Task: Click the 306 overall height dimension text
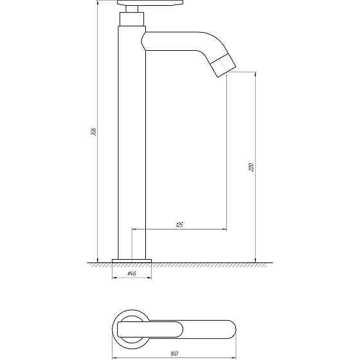[x=94, y=132]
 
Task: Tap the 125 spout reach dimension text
[x=179, y=224]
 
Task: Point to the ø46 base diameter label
[x=131, y=274]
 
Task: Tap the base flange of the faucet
[x=132, y=260]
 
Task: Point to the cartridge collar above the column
[x=132, y=20]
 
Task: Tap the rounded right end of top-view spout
[x=232, y=329]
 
